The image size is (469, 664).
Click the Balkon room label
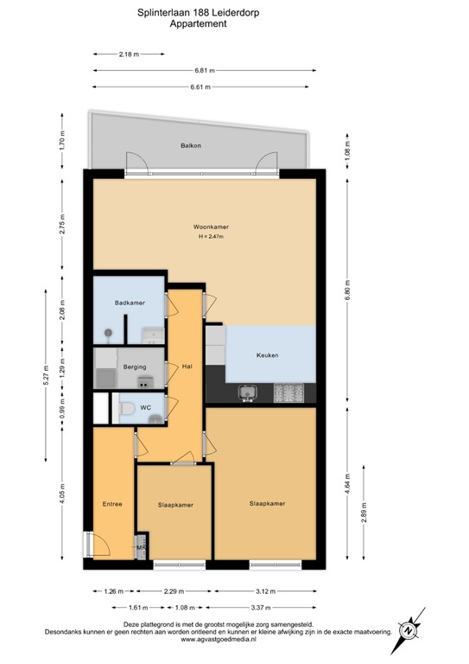point(190,145)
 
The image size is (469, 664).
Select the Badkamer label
point(130,303)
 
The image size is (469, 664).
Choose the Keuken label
point(268,355)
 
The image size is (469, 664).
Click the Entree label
point(112,504)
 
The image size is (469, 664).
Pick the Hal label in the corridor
point(187,367)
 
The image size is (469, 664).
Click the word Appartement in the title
point(199,25)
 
